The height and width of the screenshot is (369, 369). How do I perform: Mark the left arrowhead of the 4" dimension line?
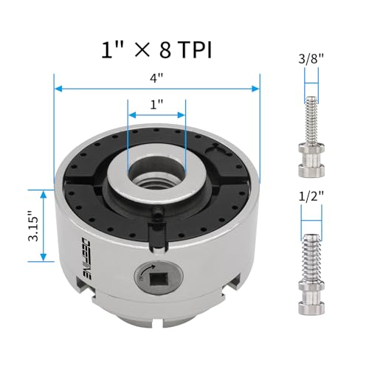pyautogui.click(x=58, y=89)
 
